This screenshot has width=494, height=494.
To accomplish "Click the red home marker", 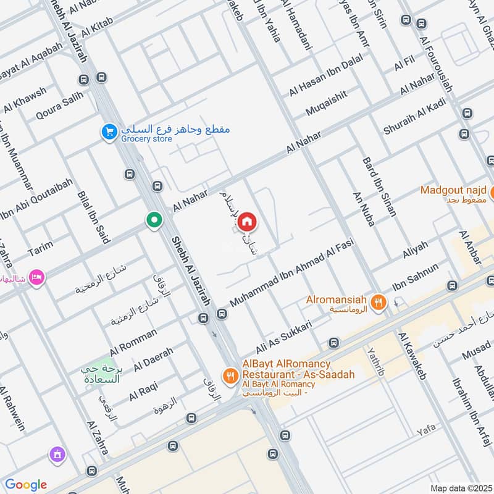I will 246,221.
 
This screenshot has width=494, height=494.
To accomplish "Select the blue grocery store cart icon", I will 109,132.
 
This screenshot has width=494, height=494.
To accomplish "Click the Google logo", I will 26,485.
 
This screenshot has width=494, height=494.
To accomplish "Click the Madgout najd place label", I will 454,190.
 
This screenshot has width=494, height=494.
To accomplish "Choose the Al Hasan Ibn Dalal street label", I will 326,76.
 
